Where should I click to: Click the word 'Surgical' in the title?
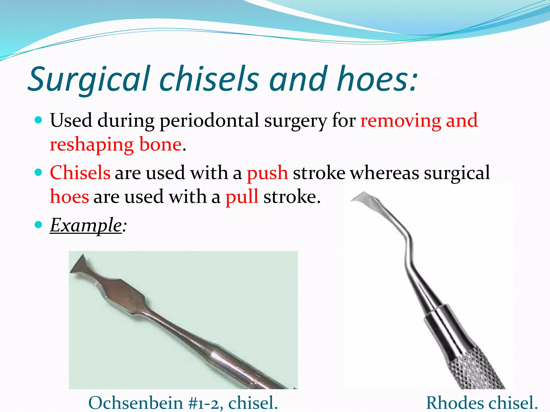click(89, 79)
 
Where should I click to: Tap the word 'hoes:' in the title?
click(377, 79)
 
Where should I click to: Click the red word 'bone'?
click(160, 145)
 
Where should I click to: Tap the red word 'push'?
click(267, 173)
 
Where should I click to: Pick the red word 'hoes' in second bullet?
click(69, 197)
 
